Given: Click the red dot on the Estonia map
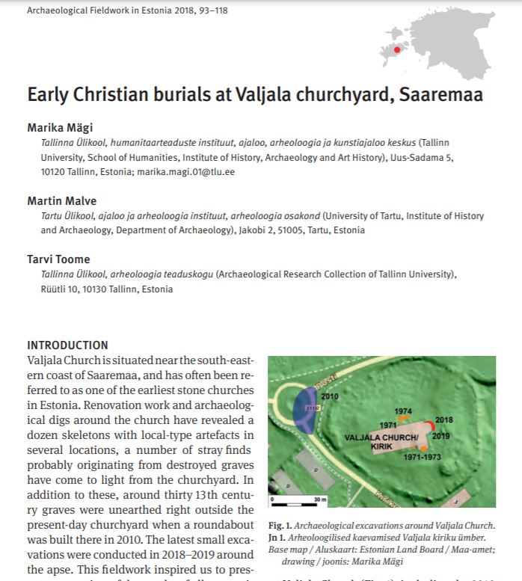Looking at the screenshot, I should (397, 49).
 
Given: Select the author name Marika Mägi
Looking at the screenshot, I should (61, 127).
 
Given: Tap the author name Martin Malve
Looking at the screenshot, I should (62, 201).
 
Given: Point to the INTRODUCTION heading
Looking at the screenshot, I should (67, 345).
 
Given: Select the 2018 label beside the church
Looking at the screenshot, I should (443, 420).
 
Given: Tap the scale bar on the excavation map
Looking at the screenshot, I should (295, 496).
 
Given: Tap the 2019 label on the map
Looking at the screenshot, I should (441, 434).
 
